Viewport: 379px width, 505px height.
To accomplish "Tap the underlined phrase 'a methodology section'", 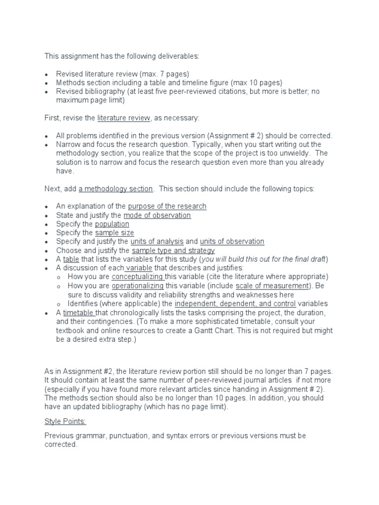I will tap(116, 189).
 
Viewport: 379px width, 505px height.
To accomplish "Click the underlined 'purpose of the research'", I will tap(167, 206).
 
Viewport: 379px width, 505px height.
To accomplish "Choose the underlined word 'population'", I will tap(112, 224).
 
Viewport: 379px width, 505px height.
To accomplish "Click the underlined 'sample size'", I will tap(114, 233).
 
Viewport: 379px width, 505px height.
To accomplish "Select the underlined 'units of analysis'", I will tap(157, 242).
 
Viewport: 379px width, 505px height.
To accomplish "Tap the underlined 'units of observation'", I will tap(232, 242).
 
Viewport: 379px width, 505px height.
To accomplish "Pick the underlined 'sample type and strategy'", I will tap(173, 251).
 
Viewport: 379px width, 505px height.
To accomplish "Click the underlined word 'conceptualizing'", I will tap(138, 277).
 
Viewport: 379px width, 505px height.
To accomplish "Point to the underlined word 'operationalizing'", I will tap(138, 286).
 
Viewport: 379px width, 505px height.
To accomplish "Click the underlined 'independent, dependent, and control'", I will tap(235, 304).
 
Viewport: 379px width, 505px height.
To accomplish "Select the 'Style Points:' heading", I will tap(65, 422).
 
